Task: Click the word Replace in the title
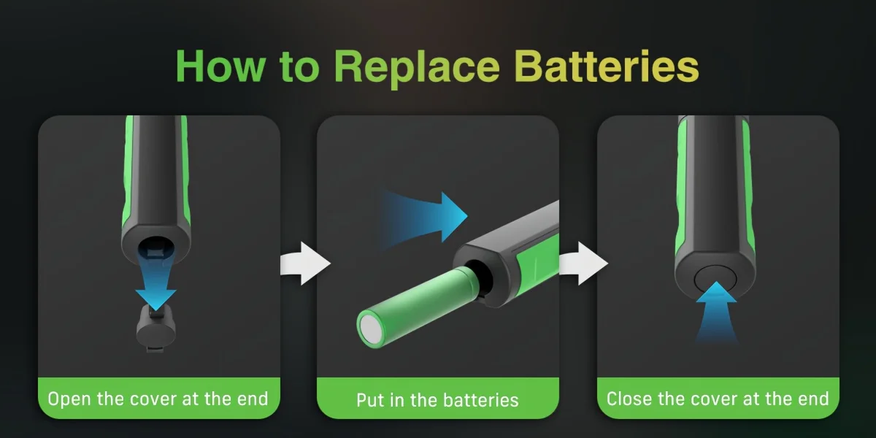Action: [x=417, y=67]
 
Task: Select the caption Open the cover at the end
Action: [x=158, y=399]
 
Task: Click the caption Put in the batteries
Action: [x=437, y=400]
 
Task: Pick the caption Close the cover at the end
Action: [x=718, y=399]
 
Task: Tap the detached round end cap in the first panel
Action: [x=156, y=328]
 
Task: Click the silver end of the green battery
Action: [x=372, y=330]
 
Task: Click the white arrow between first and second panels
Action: [x=305, y=264]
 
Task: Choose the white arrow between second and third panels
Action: [x=583, y=264]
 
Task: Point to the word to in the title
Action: [x=300, y=66]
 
